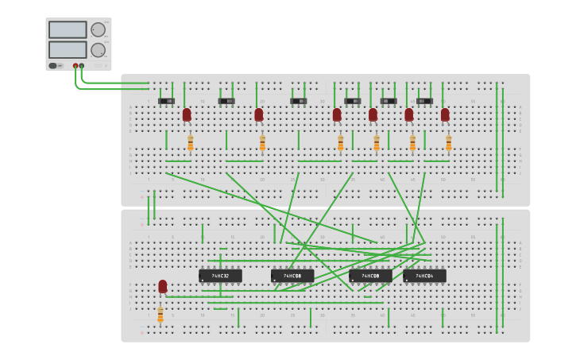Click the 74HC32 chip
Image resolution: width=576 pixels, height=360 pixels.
coord(220,276)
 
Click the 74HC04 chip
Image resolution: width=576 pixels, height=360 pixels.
coord(424,276)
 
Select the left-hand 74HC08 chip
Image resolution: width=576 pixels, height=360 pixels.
coord(292,276)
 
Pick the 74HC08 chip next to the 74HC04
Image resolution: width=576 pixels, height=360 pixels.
coord(370,276)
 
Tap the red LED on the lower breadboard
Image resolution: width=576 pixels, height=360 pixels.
coord(163,286)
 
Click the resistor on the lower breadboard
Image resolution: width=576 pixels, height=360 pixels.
coord(160,315)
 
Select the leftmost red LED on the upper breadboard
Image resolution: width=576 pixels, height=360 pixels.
coord(187,115)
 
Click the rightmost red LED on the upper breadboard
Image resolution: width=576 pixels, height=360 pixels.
coord(445,115)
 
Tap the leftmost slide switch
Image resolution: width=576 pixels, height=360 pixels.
coord(166,101)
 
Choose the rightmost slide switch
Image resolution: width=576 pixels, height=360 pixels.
coord(424,101)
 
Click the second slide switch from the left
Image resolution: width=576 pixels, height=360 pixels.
coord(226,101)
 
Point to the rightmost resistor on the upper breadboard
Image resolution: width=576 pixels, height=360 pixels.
coord(448,143)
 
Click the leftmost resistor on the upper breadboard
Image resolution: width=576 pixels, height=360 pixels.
coord(190,143)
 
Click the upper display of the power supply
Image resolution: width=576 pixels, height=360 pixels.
coord(68,30)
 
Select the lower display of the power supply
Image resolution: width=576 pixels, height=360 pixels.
coord(68,49)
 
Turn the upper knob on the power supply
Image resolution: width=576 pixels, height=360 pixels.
coord(98,30)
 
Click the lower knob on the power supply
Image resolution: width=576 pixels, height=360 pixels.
coord(98,50)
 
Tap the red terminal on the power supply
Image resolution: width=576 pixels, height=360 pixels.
coord(75,66)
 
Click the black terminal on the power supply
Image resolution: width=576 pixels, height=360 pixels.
coord(82,66)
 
